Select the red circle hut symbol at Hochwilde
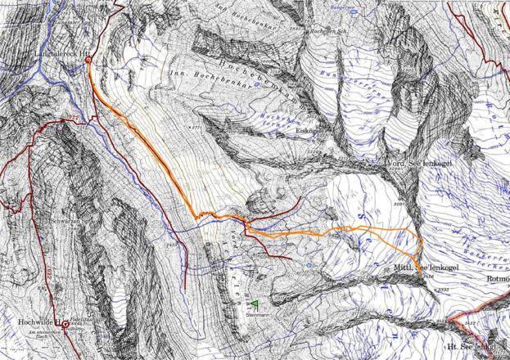click(x=66, y=324)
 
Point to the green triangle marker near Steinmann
click(x=255, y=304)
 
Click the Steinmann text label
click(x=259, y=313)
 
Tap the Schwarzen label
click(x=65, y=221)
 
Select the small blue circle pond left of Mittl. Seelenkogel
click(x=307, y=266)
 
